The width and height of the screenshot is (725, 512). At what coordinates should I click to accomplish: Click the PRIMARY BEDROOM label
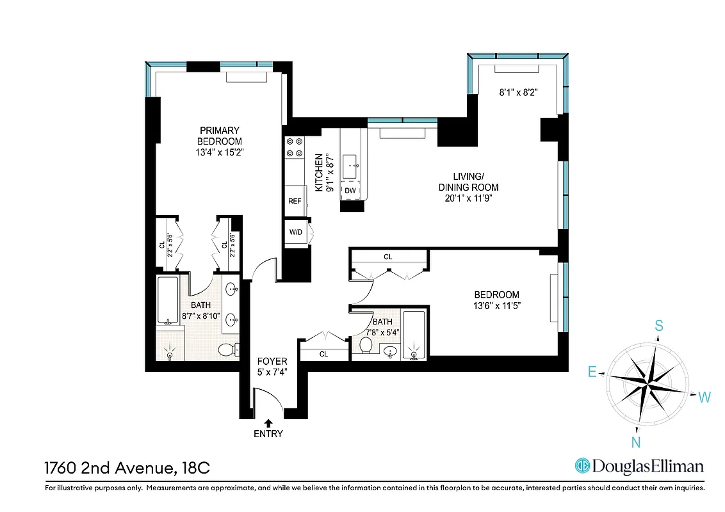[219, 136]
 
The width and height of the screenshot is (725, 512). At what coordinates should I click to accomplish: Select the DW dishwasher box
[350, 191]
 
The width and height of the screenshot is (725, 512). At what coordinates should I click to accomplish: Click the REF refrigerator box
[295, 201]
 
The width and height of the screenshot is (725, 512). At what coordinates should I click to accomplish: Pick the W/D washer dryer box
[295, 232]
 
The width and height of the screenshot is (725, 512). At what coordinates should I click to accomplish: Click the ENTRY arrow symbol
[268, 422]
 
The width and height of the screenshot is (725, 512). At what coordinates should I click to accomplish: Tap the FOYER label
[272, 362]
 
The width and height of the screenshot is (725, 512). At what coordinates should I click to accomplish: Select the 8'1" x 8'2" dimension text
[517, 92]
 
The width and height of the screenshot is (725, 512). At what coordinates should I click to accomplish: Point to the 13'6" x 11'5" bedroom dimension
[497, 306]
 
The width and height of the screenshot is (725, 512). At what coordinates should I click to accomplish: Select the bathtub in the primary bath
[168, 300]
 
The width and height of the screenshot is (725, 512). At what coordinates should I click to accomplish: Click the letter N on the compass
[637, 442]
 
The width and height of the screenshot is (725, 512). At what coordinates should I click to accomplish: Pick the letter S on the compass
[658, 326]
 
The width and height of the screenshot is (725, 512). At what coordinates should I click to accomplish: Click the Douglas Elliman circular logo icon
[582, 466]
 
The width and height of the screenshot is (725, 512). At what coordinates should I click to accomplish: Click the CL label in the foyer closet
[323, 354]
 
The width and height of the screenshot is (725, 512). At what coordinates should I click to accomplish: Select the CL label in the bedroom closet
[387, 257]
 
